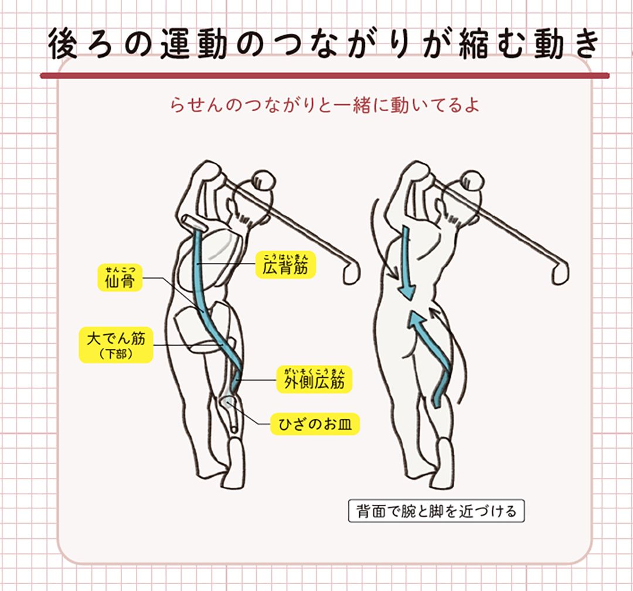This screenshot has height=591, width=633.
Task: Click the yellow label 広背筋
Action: point(285,265)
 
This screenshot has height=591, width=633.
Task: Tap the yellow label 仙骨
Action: point(120,278)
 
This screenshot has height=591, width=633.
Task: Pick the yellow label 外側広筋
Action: point(314,379)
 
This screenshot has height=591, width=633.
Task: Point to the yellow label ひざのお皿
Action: point(315,424)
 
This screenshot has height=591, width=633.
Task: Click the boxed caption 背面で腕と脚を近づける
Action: point(437,511)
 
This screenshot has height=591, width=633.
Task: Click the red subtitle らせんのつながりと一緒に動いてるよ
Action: point(325,105)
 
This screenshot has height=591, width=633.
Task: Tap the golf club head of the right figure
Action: point(560,272)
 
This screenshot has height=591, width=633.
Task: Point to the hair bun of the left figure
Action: point(263,179)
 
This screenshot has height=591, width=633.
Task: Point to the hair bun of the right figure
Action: point(471,180)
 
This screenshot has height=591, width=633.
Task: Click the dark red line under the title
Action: point(325,76)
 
